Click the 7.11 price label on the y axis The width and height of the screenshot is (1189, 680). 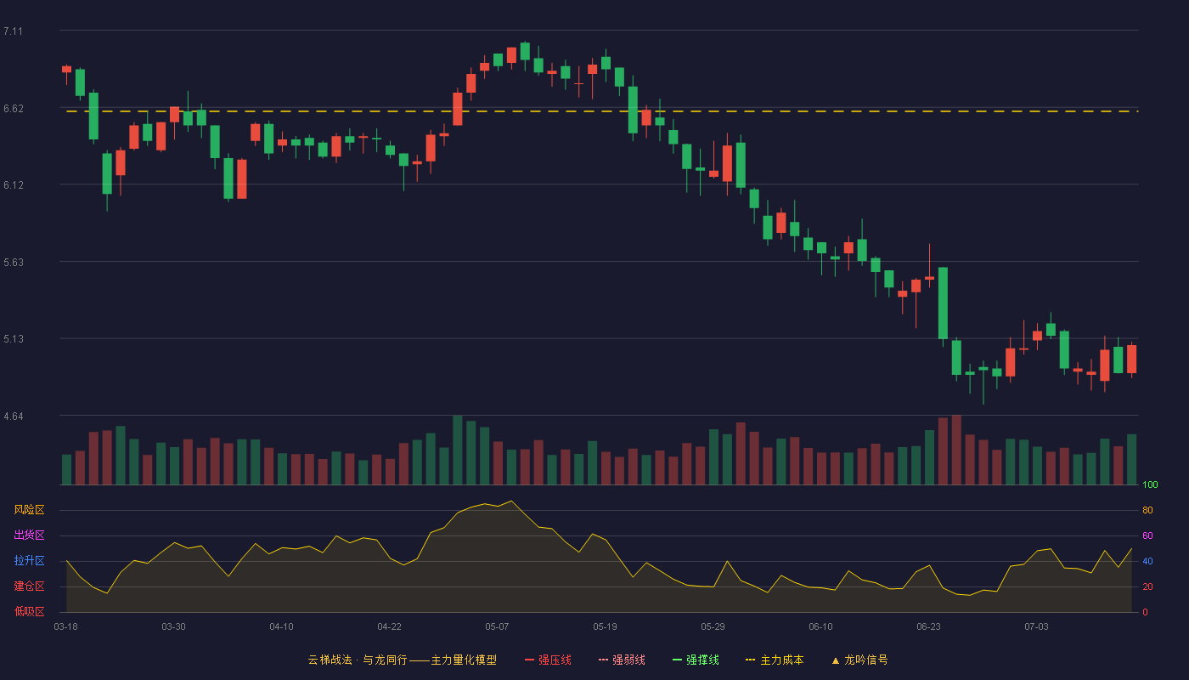point(14,31)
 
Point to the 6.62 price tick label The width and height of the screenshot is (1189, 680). point(14,109)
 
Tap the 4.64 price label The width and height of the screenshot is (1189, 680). point(14,416)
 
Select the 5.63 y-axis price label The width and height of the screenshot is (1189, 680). point(14,263)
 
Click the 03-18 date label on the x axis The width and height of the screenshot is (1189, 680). point(66,627)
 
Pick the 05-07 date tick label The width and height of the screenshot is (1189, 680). point(497,627)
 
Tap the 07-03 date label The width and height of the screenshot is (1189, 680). point(1036,627)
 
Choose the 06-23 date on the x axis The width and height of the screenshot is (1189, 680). point(928,627)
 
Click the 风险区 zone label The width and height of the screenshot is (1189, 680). point(29,510)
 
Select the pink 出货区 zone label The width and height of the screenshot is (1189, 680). point(29,535)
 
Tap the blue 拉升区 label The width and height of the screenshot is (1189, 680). point(29,560)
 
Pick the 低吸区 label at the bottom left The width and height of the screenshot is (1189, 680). point(29,611)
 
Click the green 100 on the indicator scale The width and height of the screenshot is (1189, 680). point(1150,484)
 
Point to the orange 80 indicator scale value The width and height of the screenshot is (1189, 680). point(1147,510)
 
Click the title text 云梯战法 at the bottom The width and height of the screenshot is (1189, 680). point(330,660)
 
